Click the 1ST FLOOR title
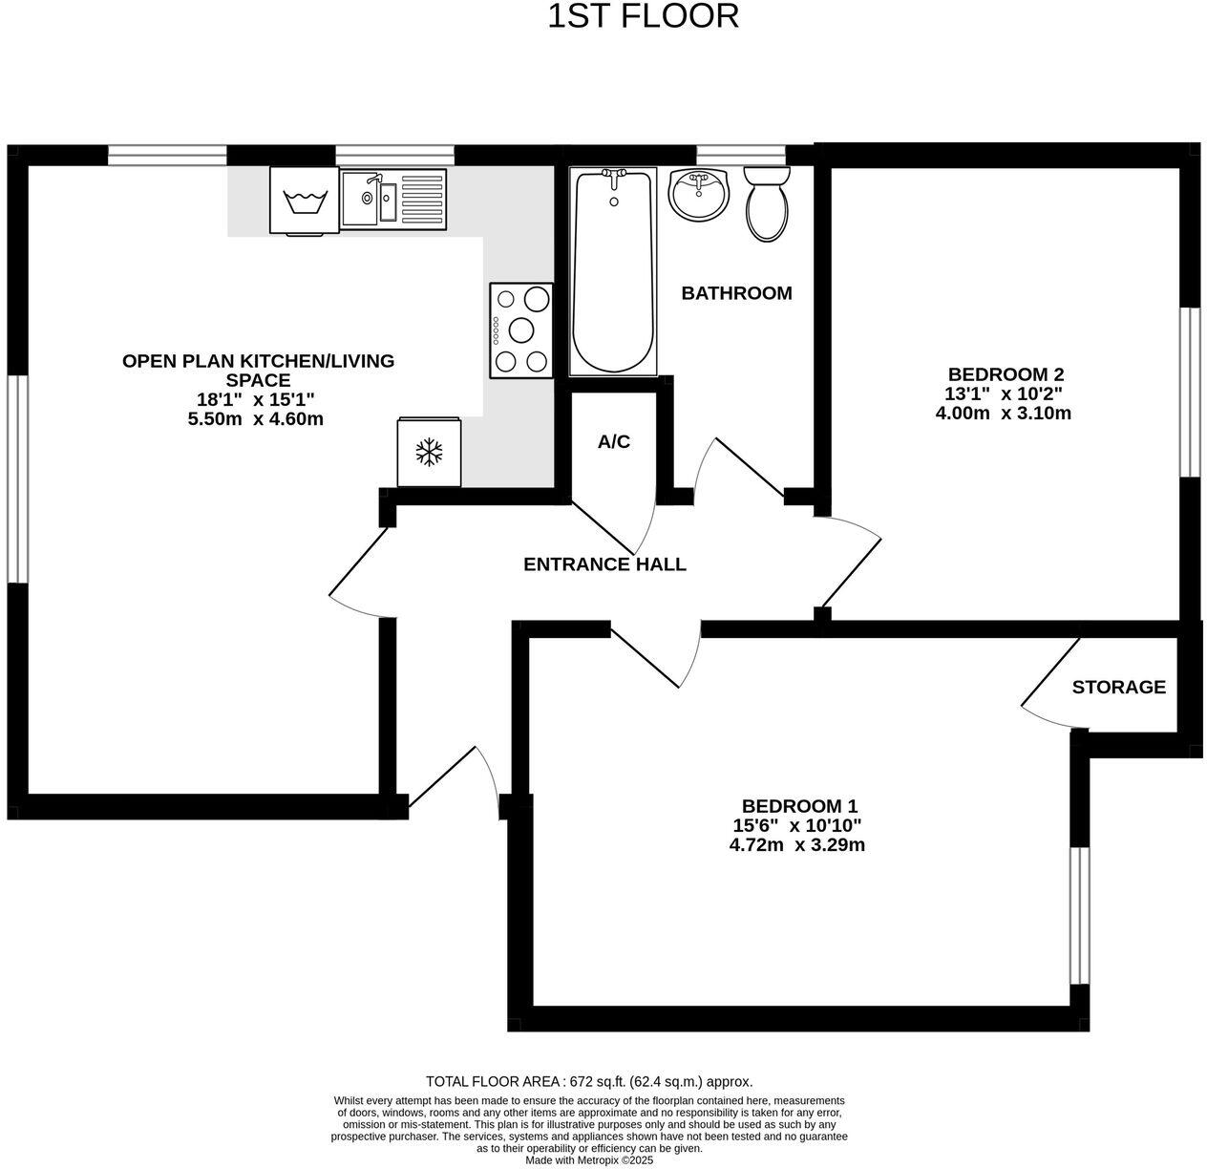(643, 16)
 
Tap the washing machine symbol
(306, 201)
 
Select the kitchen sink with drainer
(393, 198)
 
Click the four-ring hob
(521, 329)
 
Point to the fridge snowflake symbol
(430, 453)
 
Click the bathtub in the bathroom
(613, 271)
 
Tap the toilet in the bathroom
(767, 203)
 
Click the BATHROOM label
(736, 293)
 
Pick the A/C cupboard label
(613, 442)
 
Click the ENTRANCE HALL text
(604, 564)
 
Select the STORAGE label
(1118, 687)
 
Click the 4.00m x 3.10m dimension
(1004, 414)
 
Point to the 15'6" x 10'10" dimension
(797, 825)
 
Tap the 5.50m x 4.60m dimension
(256, 418)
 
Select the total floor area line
(589, 1082)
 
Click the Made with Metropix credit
(589, 1160)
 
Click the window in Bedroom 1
(1079, 915)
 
